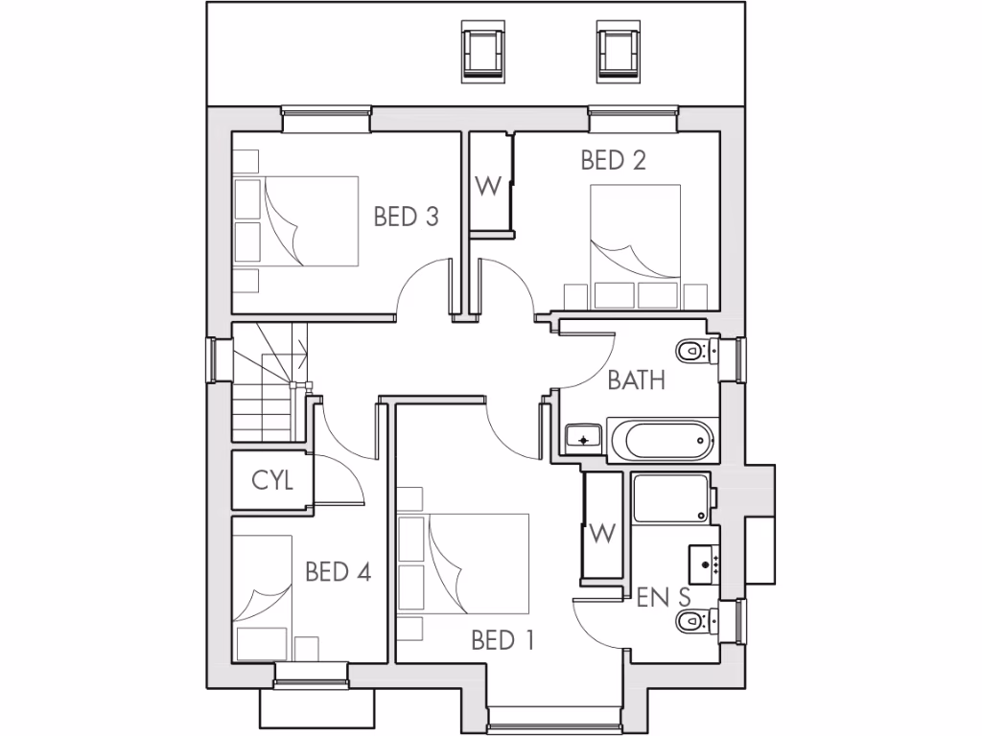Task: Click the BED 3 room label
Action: click(x=407, y=217)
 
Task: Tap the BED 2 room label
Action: click(x=614, y=160)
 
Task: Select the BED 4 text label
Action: click(x=338, y=572)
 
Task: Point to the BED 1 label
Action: click(x=502, y=640)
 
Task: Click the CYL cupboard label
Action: click(x=271, y=481)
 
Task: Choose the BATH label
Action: click(x=637, y=380)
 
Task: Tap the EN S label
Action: click(x=664, y=597)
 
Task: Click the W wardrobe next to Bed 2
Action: click(x=489, y=186)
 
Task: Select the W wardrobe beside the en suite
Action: click(x=602, y=533)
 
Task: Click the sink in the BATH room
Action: click(x=582, y=439)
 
